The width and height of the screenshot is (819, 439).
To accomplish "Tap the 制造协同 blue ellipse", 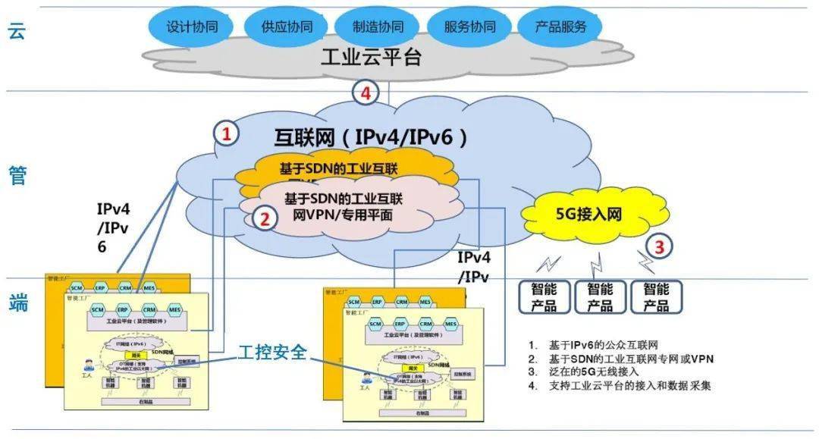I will click(378, 27).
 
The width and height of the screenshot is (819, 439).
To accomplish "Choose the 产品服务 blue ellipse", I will click(560, 27).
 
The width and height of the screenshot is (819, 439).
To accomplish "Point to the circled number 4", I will click(366, 93).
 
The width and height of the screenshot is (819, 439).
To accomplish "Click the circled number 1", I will click(225, 134).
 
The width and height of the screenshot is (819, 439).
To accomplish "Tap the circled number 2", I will click(265, 219).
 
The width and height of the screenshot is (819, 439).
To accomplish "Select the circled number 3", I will click(659, 246).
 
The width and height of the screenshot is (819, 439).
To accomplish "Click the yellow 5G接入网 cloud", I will click(583, 214).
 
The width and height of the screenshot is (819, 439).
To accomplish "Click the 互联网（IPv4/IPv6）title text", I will click(371, 137).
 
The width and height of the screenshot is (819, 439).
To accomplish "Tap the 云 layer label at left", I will click(17, 30).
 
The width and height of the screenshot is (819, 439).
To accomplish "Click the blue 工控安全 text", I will click(273, 353).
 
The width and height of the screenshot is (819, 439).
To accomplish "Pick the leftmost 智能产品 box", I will click(544, 297).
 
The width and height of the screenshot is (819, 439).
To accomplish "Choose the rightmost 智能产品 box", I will click(656, 297).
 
